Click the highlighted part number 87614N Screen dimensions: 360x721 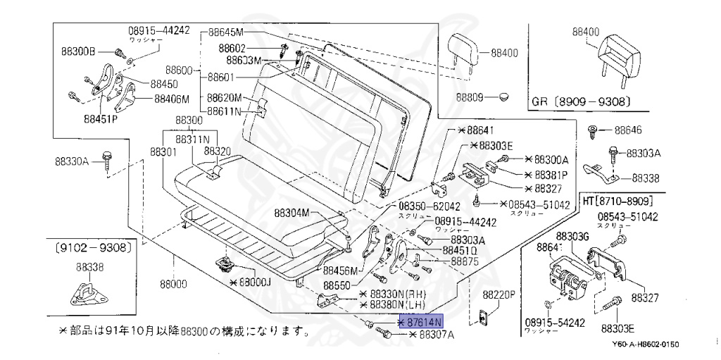(422, 322)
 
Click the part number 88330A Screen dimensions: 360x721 (72, 161)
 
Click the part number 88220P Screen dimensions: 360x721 (499, 294)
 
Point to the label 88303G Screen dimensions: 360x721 (572, 236)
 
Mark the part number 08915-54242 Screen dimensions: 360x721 (554, 322)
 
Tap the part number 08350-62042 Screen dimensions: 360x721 (430, 206)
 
